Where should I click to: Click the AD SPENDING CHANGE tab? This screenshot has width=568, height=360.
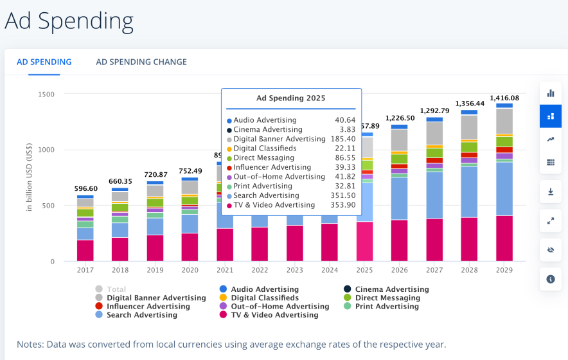(141, 62)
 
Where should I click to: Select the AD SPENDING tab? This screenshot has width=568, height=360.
(44, 62)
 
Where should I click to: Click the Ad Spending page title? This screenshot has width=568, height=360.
(69, 21)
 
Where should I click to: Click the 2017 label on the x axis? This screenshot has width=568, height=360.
(85, 271)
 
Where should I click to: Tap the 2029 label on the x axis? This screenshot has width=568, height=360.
(504, 271)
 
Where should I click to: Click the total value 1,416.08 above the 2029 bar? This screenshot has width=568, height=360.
(504, 98)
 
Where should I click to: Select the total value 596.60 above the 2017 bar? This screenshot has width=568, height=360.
(85, 189)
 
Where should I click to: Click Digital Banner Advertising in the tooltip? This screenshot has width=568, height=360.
(279, 139)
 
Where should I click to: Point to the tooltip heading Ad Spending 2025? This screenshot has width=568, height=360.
(290, 98)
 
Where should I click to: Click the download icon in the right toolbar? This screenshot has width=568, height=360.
(551, 192)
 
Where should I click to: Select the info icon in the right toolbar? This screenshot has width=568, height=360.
(551, 279)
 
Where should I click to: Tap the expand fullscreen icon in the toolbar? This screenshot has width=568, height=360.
(551, 221)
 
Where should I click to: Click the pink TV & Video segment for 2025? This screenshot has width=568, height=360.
(365, 242)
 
